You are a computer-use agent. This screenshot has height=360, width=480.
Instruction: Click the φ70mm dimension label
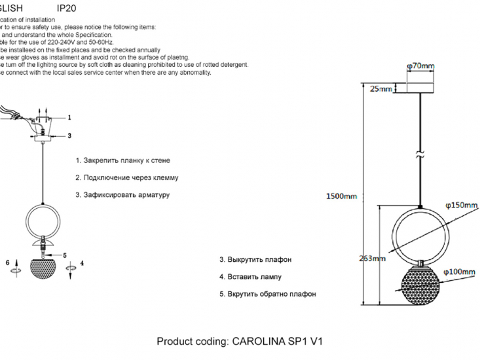click(x=420, y=66)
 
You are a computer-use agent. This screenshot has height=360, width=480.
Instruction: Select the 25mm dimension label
click(x=381, y=89)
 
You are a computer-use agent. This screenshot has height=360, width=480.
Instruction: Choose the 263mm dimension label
click(x=372, y=258)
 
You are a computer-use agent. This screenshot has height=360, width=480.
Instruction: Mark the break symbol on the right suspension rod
click(x=420, y=156)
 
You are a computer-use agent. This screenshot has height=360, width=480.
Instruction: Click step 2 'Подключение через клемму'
click(x=126, y=177)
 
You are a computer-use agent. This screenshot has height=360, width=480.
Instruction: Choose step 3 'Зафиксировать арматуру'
click(x=122, y=194)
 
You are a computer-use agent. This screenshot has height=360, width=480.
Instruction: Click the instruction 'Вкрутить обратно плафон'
click(x=267, y=294)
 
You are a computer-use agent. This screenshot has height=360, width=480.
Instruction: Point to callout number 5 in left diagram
click(x=65, y=255)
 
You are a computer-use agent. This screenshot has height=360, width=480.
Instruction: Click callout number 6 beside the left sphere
click(x=8, y=262)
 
